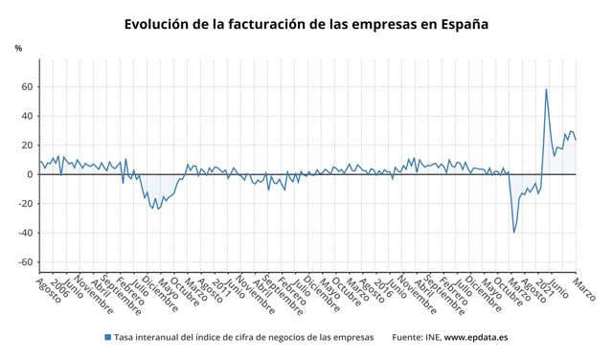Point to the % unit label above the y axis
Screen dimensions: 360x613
click(18, 48)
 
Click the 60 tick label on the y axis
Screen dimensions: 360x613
click(28, 87)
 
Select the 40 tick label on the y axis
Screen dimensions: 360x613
click(28, 117)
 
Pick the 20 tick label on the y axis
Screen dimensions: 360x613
click(28, 146)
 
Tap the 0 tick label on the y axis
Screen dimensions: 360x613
click(31, 175)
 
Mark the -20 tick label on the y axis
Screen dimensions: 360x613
click(26, 204)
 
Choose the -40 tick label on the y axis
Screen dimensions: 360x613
click(26, 234)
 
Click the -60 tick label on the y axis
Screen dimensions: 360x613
click(26, 262)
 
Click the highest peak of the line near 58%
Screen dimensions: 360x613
click(546, 90)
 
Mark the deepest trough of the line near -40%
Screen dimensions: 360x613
click(514, 232)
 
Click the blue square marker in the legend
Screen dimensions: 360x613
click(107, 337)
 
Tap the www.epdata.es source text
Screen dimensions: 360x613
click(475, 337)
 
